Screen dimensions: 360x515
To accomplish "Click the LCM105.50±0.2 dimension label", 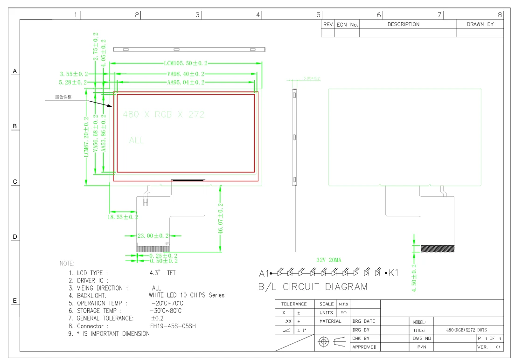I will point(186,63).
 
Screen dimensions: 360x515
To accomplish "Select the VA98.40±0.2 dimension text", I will point(186,74).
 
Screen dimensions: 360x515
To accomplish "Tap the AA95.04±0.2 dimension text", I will point(186,83).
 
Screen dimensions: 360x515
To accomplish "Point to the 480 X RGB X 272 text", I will point(163,115).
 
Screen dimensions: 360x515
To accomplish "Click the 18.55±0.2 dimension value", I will point(123,217).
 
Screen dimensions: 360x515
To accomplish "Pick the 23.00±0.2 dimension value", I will point(153,236).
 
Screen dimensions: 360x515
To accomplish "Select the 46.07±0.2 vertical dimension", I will point(221,220).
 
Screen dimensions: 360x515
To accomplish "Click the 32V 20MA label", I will point(328,260).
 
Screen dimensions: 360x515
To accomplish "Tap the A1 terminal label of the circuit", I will point(264,273).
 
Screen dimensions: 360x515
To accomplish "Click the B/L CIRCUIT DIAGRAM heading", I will point(313,287).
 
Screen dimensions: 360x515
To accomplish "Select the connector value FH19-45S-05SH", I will point(173,326).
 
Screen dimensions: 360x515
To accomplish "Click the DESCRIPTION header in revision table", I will point(404,24).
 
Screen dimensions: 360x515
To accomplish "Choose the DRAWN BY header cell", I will point(480,24).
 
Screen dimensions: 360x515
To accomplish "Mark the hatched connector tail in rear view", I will point(438,249).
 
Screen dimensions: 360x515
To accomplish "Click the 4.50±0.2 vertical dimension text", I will point(414,278).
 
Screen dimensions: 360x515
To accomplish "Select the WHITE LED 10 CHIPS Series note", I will point(186,295).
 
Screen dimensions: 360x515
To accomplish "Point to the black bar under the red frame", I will point(188,180).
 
